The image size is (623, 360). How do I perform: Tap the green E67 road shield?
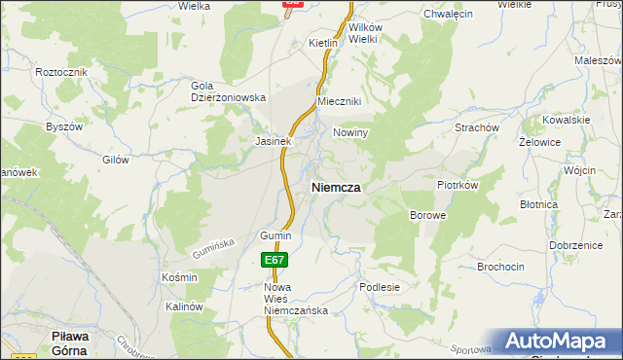[275, 260]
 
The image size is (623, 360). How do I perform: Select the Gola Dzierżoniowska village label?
[228, 91]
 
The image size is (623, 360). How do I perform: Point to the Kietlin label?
[322, 44]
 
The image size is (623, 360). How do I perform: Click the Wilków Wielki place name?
[362, 34]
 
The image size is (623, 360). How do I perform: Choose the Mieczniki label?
[340, 102]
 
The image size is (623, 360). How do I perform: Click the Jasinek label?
[274, 141]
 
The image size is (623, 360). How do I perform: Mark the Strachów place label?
[477, 127]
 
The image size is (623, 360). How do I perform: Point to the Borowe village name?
[427, 214]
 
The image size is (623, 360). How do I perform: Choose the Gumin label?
[275, 236]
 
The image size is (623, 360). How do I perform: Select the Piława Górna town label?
[70, 342]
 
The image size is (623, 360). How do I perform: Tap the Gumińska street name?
[215, 251]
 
